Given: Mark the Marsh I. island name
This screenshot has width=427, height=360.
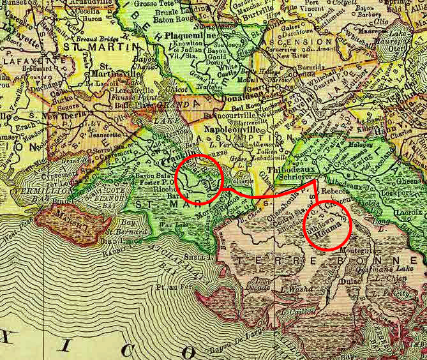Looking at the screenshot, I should point(66,225).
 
